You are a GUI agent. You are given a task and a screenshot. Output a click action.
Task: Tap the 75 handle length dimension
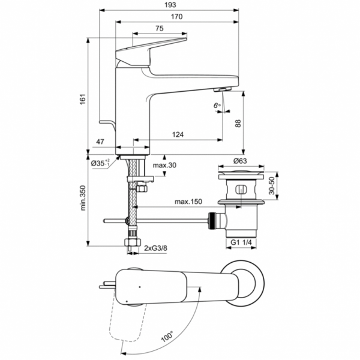click(160, 28)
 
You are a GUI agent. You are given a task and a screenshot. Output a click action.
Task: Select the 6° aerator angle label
click(217, 107)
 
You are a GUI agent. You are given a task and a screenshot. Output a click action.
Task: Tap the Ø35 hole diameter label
click(100, 163)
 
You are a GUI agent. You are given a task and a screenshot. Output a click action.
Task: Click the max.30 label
click(163, 166)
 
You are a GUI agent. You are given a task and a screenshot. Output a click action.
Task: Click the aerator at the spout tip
click(221, 89)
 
